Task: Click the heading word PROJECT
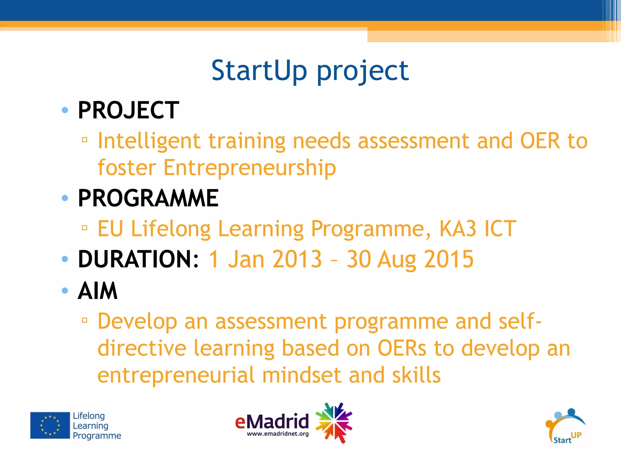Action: point(128,110)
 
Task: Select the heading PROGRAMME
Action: point(148,198)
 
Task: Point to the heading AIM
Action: point(98,291)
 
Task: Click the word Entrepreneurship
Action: point(250,168)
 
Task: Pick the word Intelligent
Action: point(149,141)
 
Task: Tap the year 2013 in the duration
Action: point(297,259)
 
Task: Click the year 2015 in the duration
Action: point(448,259)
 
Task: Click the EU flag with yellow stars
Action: point(50,425)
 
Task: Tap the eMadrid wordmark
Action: point(272,421)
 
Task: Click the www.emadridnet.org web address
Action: point(278,434)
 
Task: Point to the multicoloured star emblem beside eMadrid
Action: point(334,423)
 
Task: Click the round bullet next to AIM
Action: point(65,291)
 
